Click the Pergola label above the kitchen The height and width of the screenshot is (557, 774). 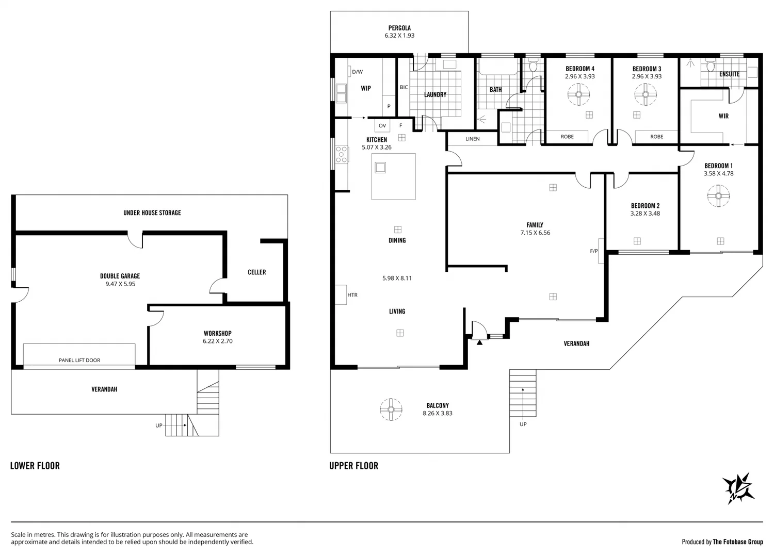click(399, 28)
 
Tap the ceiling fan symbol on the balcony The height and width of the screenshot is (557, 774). click(391, 409)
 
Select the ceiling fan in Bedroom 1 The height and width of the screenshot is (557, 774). click(718, 196)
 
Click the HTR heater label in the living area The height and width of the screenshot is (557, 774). click(352, 295)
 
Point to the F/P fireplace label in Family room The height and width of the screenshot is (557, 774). click(594, 251)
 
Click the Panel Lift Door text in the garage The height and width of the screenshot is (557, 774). click(79, 360)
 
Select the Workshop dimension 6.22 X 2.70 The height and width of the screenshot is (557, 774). click(217, 341)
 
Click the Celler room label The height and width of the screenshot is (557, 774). click(256, 272)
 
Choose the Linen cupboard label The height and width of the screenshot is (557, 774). click(472, 139)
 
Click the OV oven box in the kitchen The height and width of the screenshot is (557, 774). click(382, 125)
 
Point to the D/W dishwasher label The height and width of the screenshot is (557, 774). click(357, 72)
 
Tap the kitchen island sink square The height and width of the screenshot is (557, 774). click(381, 167)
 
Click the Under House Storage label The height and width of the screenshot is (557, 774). click(152, 212)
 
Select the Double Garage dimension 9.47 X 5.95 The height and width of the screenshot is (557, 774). click(120, 284)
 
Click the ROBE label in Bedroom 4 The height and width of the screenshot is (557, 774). click(567, 137)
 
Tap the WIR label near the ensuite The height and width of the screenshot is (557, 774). click(723, 116)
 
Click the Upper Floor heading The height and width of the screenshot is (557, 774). click(354, 466)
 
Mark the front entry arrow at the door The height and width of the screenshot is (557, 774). click(479, 341)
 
